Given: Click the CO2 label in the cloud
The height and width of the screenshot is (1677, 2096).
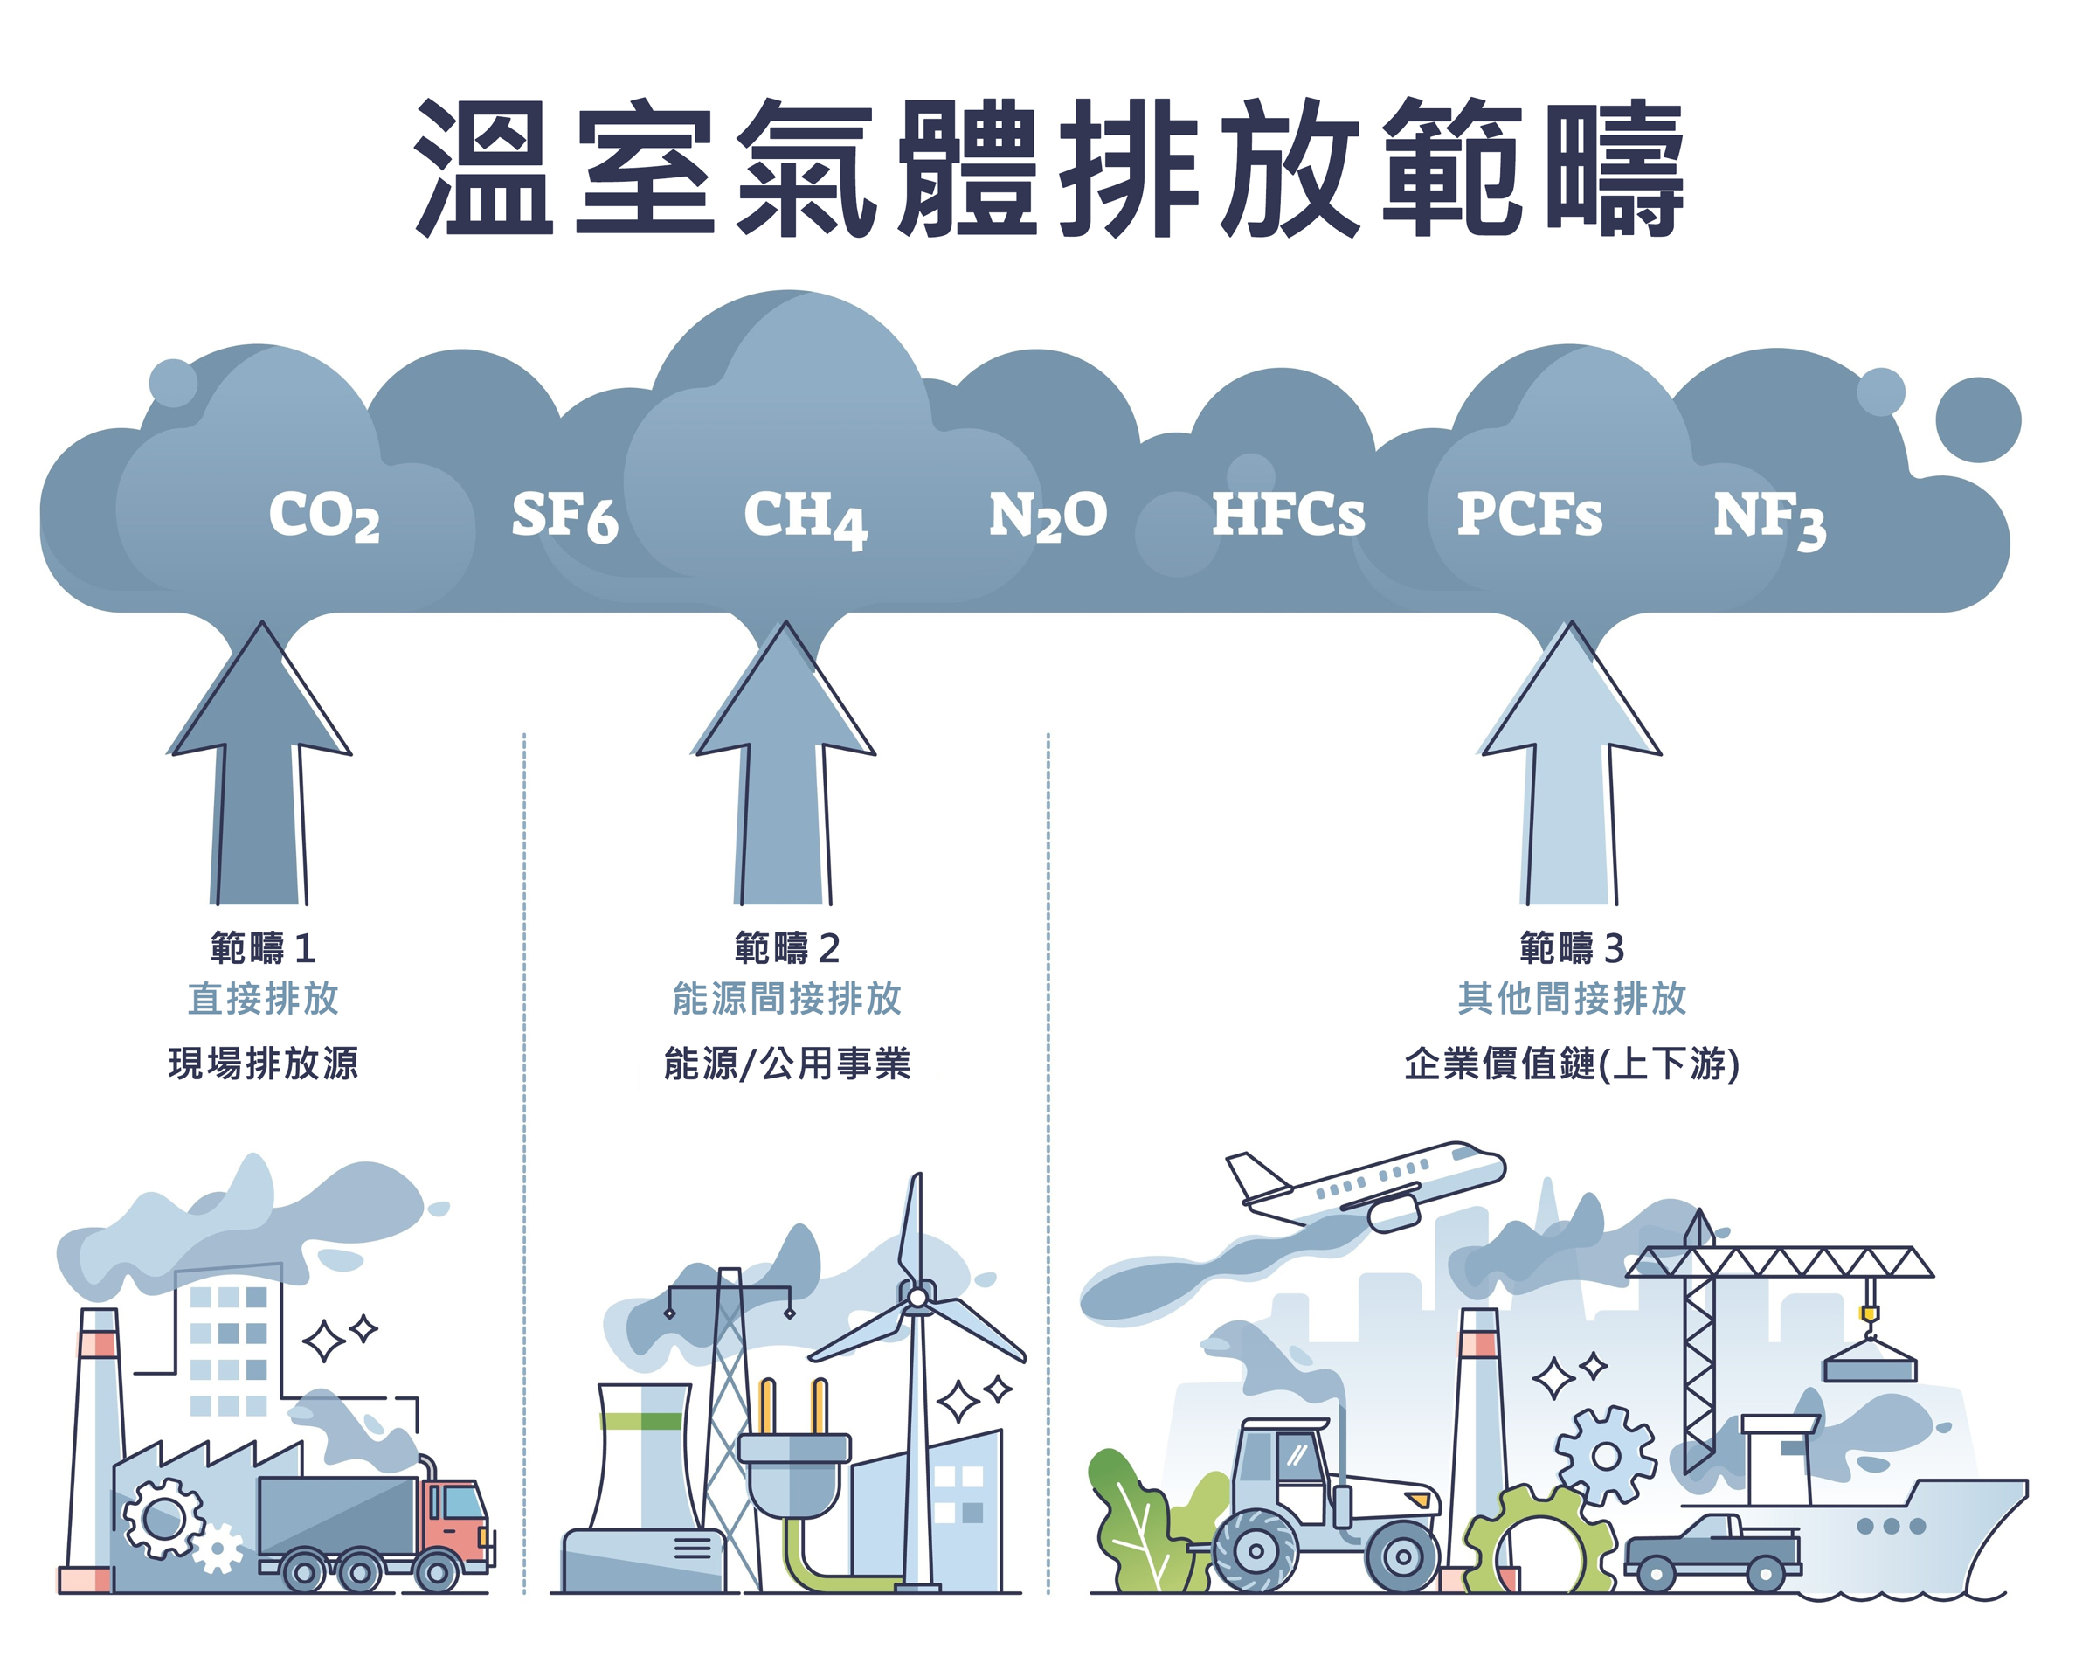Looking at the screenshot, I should [x=325, y=516].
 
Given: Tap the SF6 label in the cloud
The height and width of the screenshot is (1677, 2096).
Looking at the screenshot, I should [x=564, y=516].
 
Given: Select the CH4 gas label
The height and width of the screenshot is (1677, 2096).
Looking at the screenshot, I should [x=805, y=517].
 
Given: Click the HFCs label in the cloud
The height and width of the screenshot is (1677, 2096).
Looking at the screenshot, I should [x=1288, y=514].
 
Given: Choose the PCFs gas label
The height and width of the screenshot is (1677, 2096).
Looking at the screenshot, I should [x=1529, y=514].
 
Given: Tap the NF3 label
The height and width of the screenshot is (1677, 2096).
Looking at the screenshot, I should [x=1769, y=518].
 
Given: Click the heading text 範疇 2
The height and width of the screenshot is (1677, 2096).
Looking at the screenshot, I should [x=786, y=948].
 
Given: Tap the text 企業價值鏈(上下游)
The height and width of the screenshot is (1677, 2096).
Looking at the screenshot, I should [x=1571, y=1064].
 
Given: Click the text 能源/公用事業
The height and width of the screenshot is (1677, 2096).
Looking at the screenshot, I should [x=786, y=1064].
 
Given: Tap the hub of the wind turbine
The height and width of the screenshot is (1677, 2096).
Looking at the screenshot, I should [x=917, y=1298].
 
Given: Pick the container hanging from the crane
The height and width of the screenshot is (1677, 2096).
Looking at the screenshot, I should [x=1870, y=1365].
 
